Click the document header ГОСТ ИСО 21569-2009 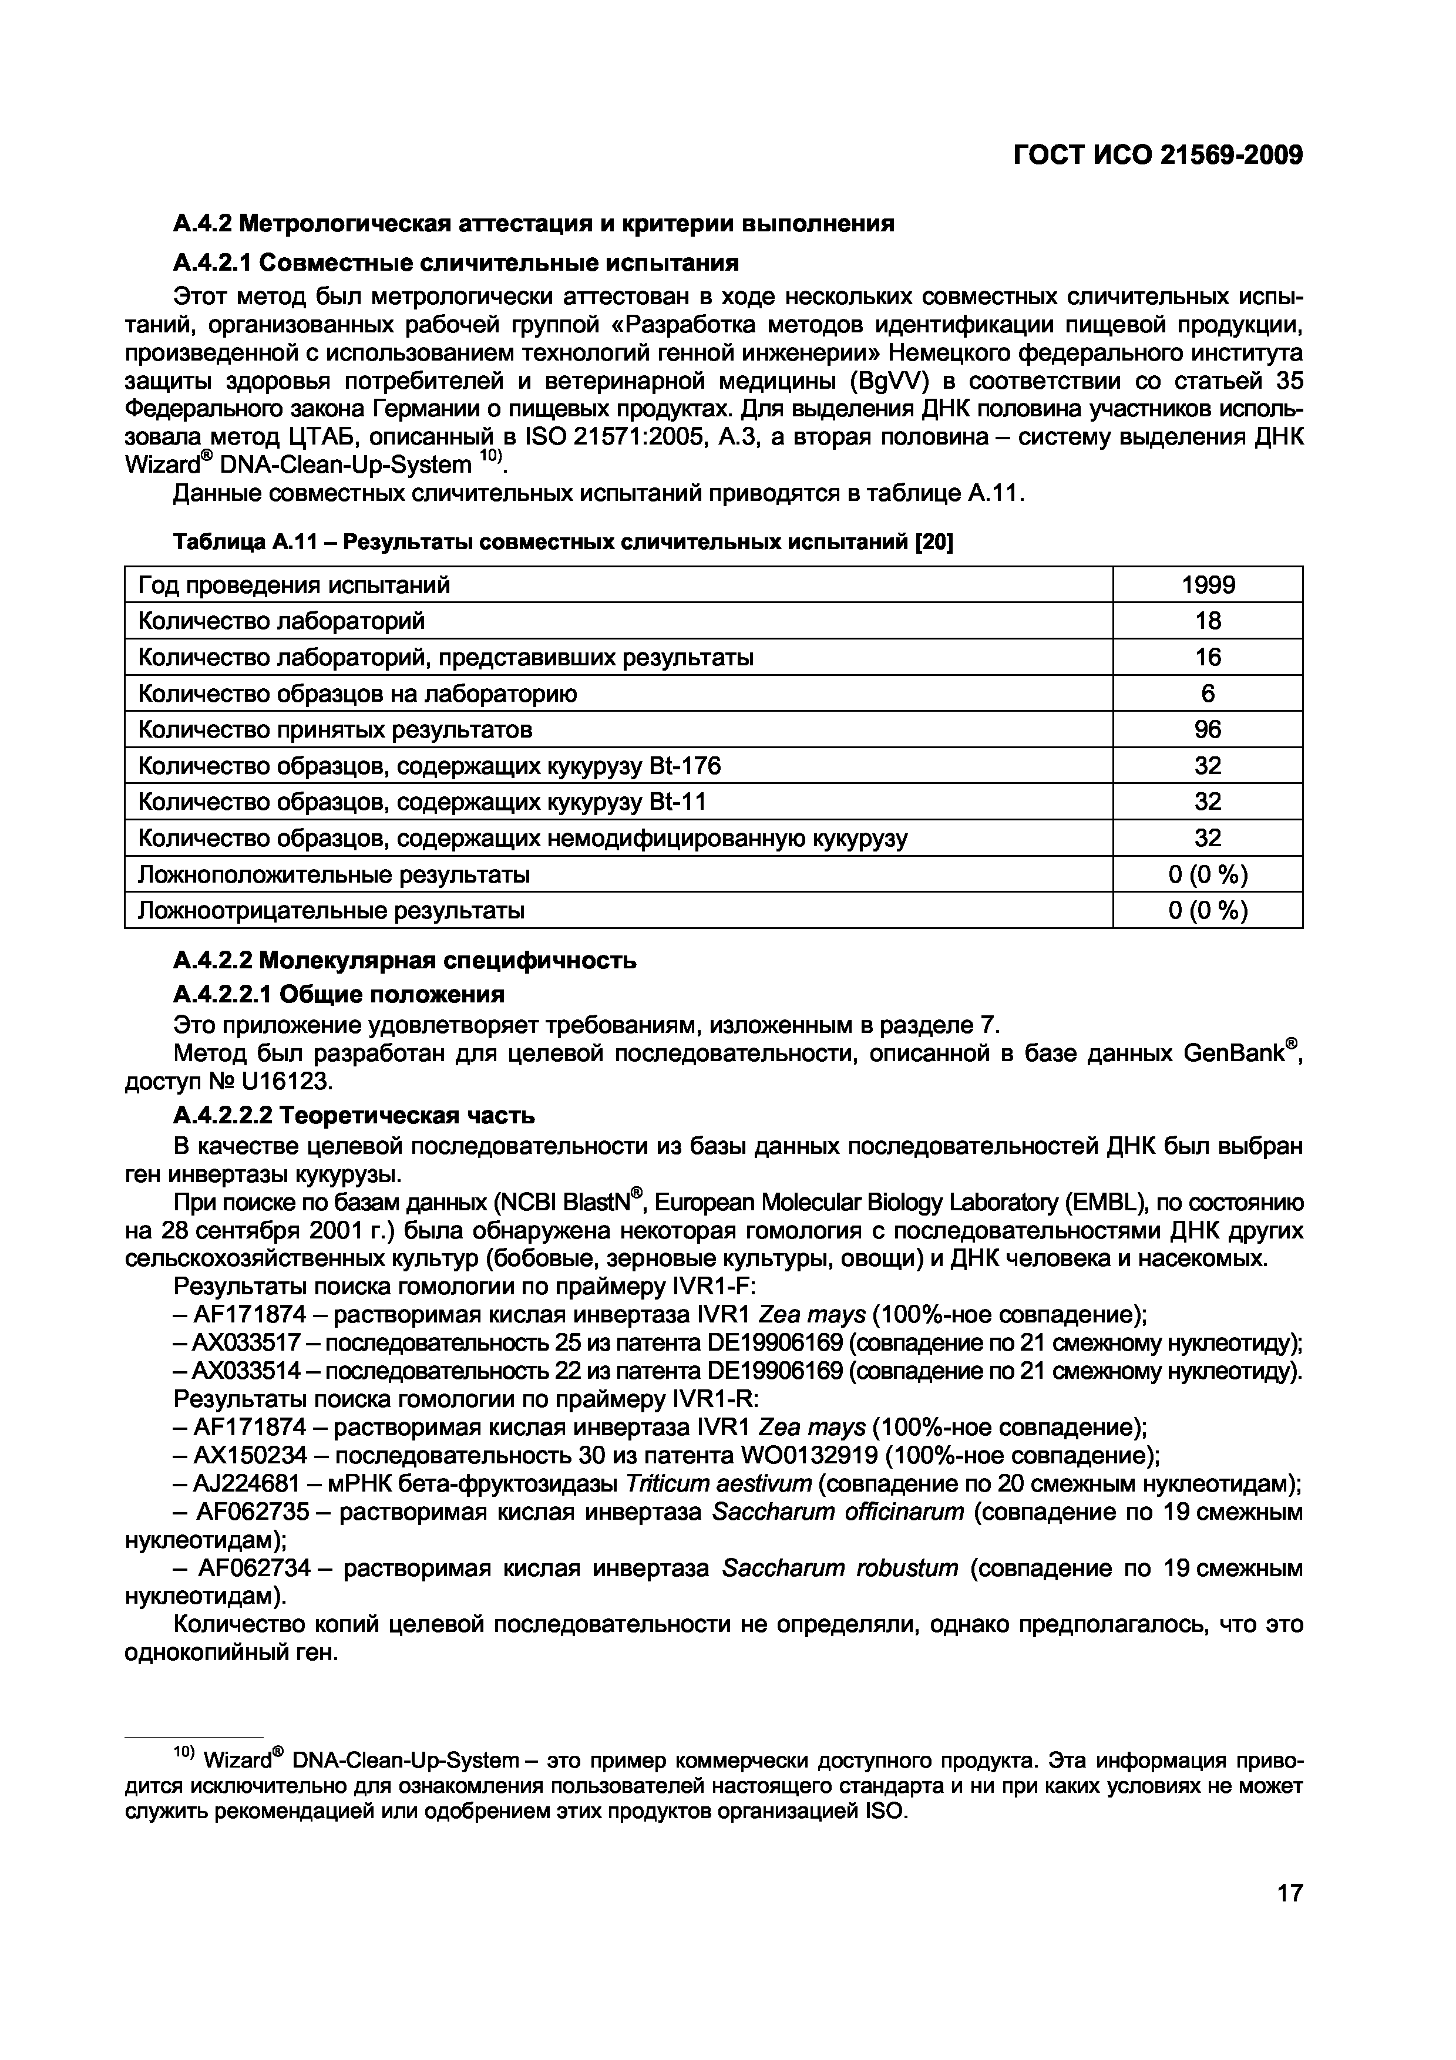(x=1156, y=155)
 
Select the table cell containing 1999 (x=1208, y=585)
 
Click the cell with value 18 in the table (x=1208, y=621)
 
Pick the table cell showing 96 (x=1208, y=729)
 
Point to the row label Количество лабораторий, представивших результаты (x=445, y=658)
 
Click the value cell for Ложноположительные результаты (x=1208, y=874)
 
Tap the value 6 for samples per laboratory (x=1208, y=694)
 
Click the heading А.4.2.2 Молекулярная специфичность (x=405, y=960)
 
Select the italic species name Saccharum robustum (x=840, y=1567)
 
